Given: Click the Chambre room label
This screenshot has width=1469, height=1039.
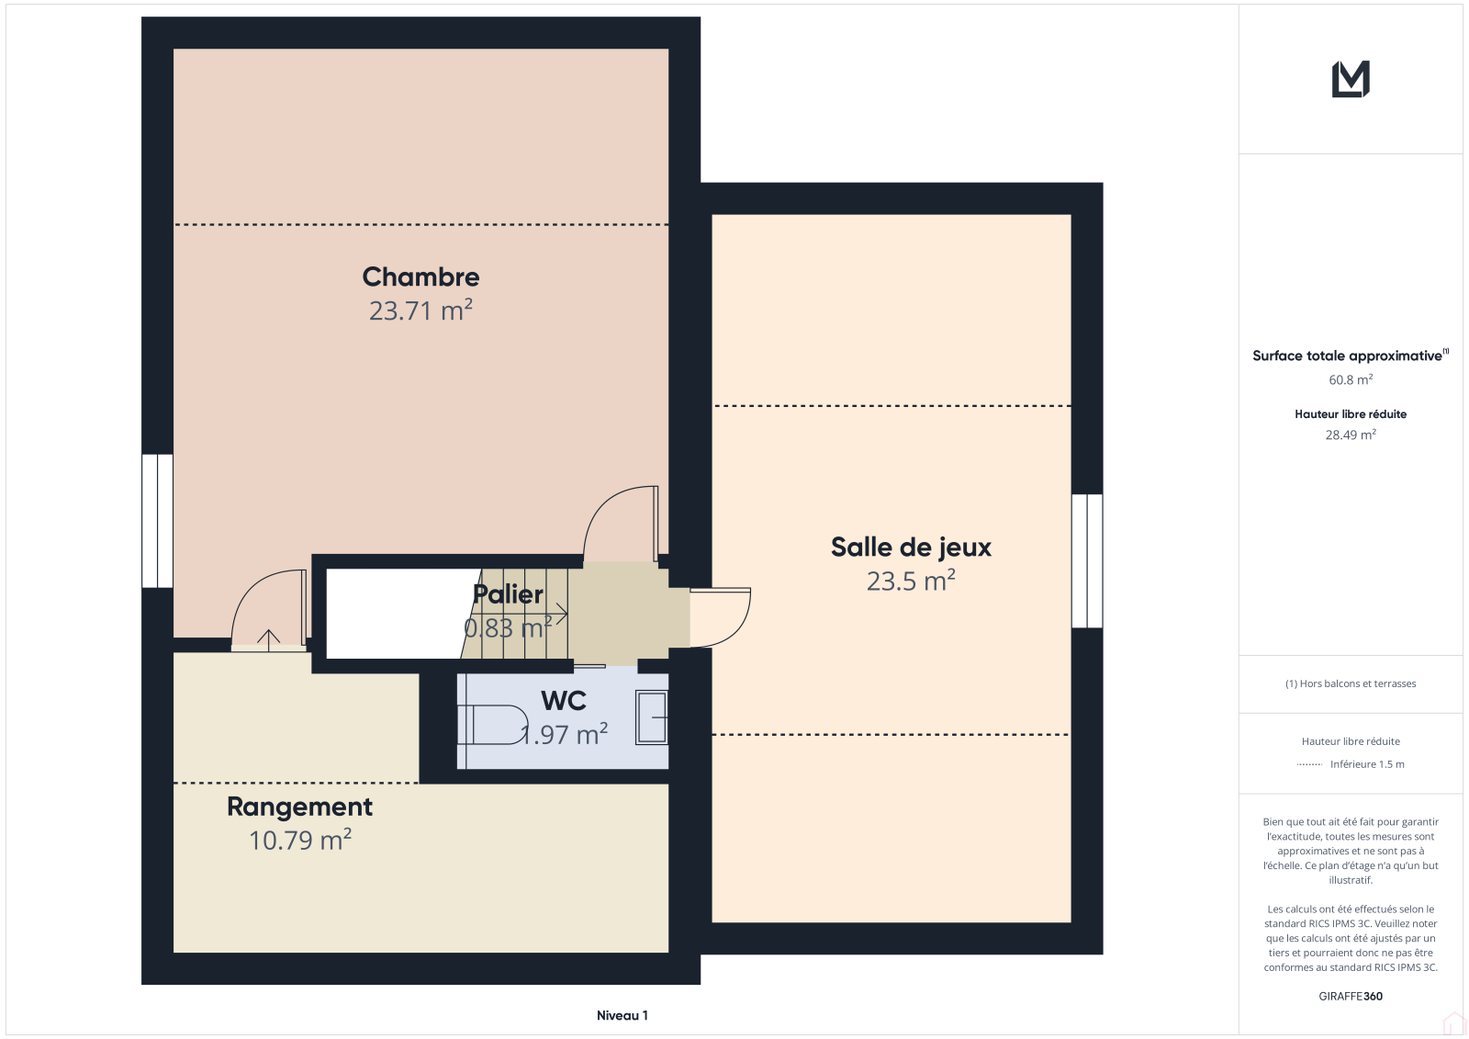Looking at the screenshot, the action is tap(421, 277).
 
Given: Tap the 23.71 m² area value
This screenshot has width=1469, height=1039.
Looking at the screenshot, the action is tap(421, 311).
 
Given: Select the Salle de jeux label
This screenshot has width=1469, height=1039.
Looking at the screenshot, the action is tap(911, 548).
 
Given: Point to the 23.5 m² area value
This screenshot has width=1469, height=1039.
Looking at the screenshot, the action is tap(911, 581).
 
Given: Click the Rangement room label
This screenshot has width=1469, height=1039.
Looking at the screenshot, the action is tap(299, 807).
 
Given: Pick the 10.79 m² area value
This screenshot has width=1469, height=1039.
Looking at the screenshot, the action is tap(299, 841).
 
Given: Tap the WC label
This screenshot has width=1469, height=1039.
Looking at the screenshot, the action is tap(564, 701).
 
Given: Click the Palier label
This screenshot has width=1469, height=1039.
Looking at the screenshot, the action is tap(508, 594).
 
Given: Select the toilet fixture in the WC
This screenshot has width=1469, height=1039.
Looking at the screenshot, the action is tap(493, 725).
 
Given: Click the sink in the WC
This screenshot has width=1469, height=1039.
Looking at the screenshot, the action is tap(652, 718).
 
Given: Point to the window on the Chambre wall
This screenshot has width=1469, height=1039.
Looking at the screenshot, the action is tap(157, 521).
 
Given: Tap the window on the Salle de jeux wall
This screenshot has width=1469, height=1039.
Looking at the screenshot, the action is tap(1087, 561).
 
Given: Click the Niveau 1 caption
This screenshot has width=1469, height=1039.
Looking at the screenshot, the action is tap(622, 1015).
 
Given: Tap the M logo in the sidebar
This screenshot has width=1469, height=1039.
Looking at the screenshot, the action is tap(1351, 79).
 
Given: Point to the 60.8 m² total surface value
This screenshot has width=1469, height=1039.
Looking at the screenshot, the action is tap(1351, 379).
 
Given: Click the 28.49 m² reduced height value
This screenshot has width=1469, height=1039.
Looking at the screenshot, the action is tap(1351, 435).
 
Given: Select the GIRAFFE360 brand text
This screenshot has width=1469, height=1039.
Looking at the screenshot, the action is tap(1351, 996).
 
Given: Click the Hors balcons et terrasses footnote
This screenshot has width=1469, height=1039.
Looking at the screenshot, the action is tap(1351, 683).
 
